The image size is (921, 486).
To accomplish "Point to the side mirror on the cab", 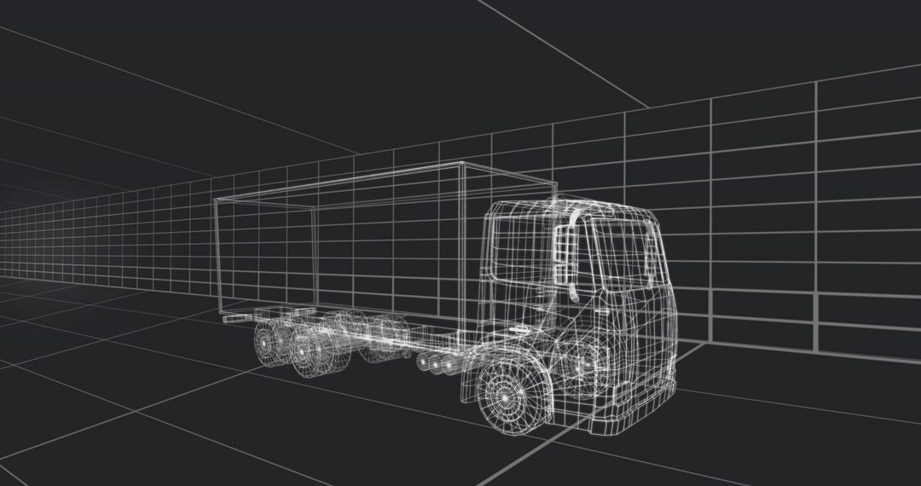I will [564, 247].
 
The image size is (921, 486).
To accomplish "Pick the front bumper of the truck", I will [632, 414].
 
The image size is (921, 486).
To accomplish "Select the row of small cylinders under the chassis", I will [435, 364].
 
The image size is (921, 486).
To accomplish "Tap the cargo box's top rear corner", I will [214, 199].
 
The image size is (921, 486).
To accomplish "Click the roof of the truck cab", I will [580, 207].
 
